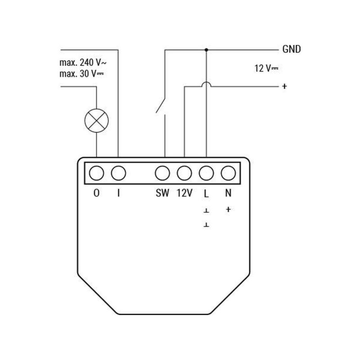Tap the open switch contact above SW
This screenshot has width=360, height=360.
click(x=161, y=106)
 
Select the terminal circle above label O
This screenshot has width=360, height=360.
click(x=96, y=173)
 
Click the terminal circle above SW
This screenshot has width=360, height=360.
click(x=162, y=173)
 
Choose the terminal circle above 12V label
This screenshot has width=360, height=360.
click(x=184, y=173)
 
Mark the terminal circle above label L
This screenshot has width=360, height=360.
click(x=206, y=173)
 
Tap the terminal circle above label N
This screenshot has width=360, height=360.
click(x=228, y=173)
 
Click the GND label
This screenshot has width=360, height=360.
click(x=291, y=49)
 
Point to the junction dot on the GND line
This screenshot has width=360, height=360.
click(x=206, y=49)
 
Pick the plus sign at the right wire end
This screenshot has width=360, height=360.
click(x=284, y=86)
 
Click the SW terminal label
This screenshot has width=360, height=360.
click(x=162, y=194)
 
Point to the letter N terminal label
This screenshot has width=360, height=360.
click(x=228, y=194)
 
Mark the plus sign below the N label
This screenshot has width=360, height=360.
click(x=228, y=209)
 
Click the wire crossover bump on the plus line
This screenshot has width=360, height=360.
click(x=206, y=84)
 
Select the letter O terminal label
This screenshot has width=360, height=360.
click(x=96, y=194)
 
